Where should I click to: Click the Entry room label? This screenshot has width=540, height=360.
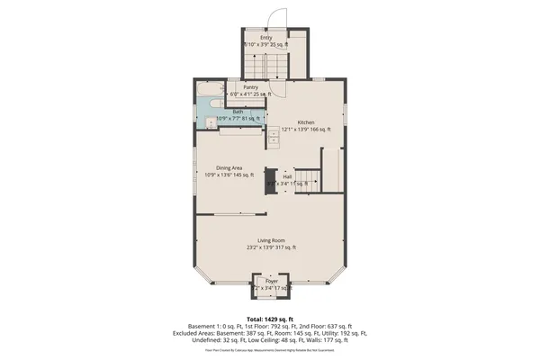266,38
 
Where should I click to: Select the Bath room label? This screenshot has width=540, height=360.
238,112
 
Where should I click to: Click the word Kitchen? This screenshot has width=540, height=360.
306,121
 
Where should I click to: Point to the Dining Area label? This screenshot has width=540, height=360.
229,167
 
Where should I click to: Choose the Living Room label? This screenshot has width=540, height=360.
271,240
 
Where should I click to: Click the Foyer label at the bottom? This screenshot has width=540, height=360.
271,281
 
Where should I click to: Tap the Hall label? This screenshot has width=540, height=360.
287,176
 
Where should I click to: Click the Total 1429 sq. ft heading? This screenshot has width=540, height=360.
270,319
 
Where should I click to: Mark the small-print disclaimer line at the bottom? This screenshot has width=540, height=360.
270,349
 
